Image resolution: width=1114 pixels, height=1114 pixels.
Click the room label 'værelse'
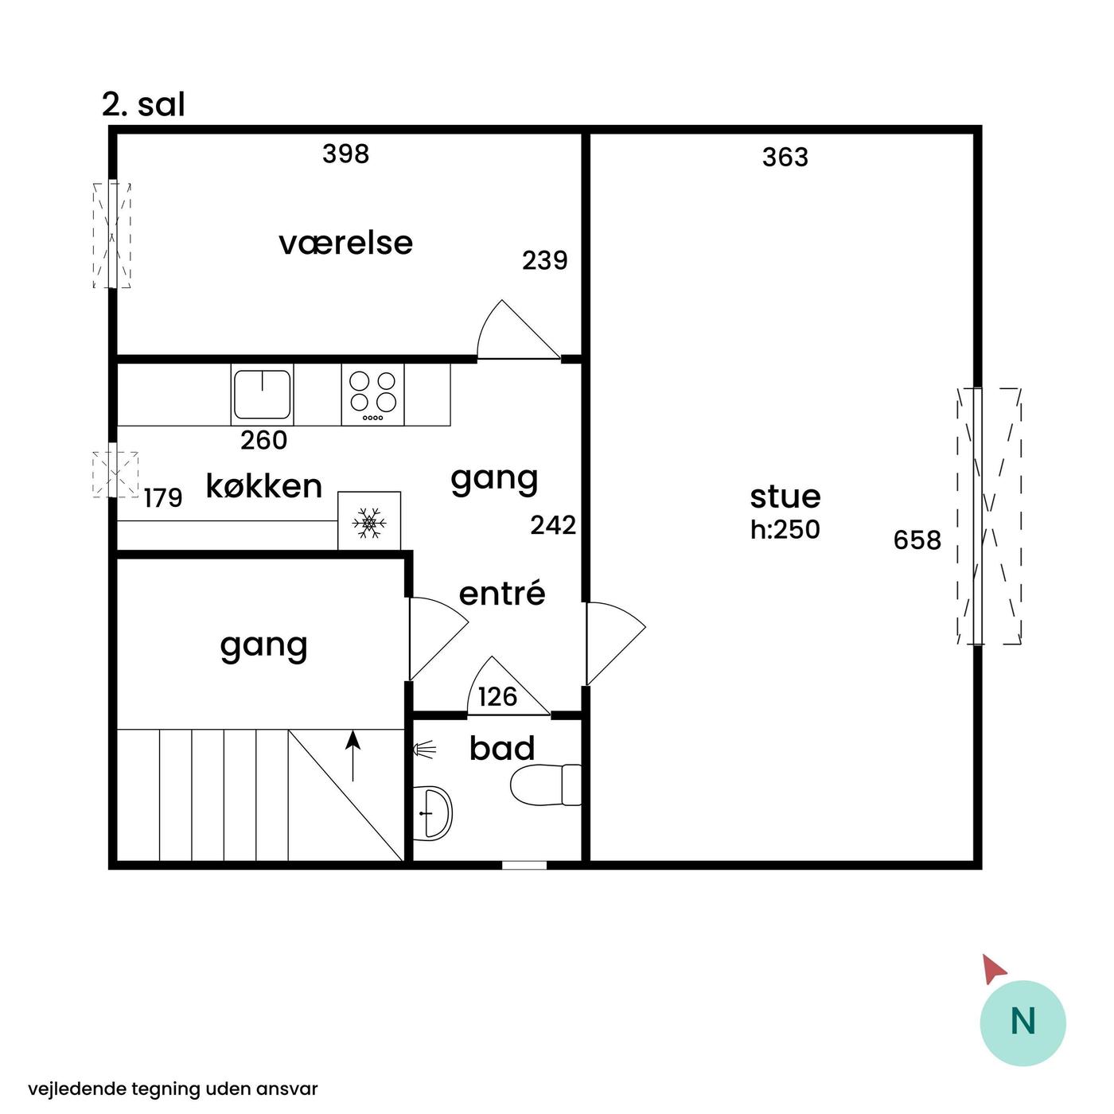click(x=345, y=243)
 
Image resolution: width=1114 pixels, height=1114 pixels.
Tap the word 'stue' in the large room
click(x=785, y=497)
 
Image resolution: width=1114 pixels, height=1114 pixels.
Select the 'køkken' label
click(x=263, y=485)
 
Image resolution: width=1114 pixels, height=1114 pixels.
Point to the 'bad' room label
click(x=502, y=748)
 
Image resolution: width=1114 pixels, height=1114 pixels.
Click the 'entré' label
click(x=502, y=593)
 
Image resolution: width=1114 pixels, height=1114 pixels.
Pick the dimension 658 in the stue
click(x=917, y=540)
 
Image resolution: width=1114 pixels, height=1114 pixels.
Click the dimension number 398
click(x=345, y=154)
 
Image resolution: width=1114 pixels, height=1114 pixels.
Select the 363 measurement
click(x=785, y=158)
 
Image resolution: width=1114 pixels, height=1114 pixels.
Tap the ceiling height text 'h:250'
click(x=785, y=529)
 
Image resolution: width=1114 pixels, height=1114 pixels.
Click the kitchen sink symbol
click(x=262, y=394)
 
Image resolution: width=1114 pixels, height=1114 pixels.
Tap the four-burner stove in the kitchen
click(x=372, y=394)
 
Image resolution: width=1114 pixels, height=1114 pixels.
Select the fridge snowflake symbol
click(x=369, y=523)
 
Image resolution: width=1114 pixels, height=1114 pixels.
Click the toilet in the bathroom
click(x=546, y=785)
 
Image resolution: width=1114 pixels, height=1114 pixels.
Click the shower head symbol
click(x=424, y=750)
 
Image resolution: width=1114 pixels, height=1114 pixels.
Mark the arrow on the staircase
click(x=353, y=756)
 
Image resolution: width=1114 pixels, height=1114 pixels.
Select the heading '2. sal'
click(x=143, y=104)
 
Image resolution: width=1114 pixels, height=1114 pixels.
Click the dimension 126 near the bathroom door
click(x=497, y=697)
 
